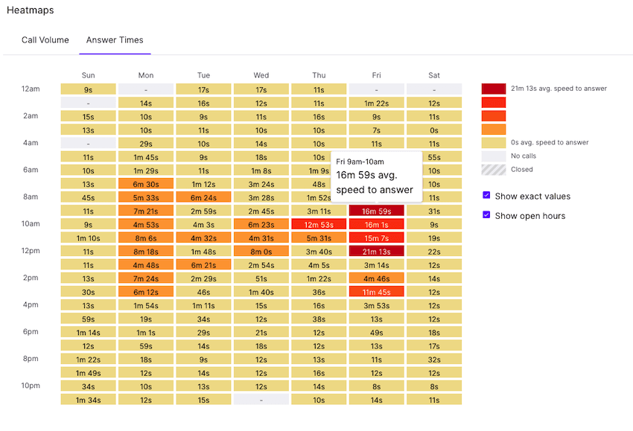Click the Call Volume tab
click(x=45, y=40)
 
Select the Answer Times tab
click(x=115, y=40)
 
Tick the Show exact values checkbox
click(x=486, y=196)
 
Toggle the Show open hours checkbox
click(x=486, y=215)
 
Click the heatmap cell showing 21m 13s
click(x=376, y=252)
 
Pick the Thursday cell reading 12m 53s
click(x=319, y=225)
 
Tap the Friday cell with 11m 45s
click(x=376, y=292)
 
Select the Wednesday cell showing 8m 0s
click(x=261, y=252)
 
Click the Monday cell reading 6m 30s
click(x=145, y=184)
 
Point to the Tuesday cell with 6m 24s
click(x=203, y=197)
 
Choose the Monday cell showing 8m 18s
click(x=145, y=252)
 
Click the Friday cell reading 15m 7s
click(x=376, y=238)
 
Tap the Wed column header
click(x=261, y=75)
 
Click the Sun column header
click(x=88, y=75)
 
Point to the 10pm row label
click(x=31, y=386)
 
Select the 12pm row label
click(x=31, y=250)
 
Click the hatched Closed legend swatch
click(x=493, y=170)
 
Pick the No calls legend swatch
click(x=493, y=156)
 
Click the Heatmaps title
click(x=30, y=10)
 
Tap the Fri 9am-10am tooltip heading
click(x=360, y=162)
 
